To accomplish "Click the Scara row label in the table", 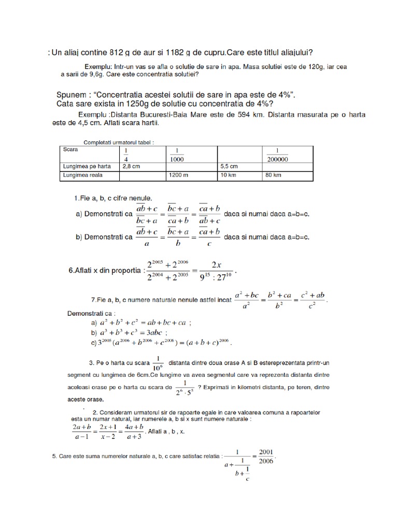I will (70, 149).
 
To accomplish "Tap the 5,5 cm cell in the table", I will (229, 167).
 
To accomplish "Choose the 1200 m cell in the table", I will (178, 175).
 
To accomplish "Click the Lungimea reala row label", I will (82, 175).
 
